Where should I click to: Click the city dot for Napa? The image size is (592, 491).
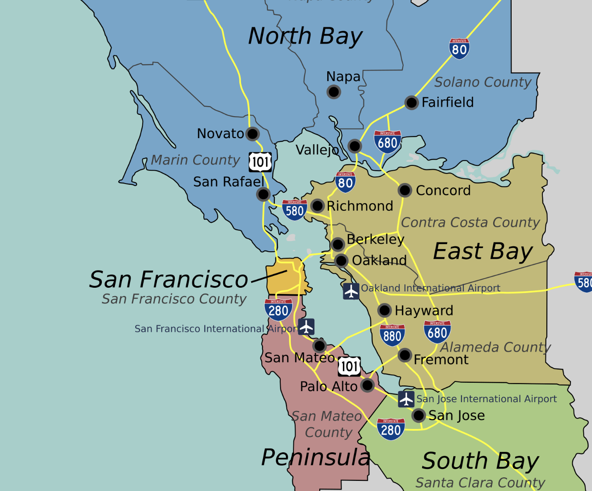tap(334, 92)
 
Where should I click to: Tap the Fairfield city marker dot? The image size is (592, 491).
tap(412, 103)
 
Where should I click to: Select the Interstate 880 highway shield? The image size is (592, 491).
tap(392, 335)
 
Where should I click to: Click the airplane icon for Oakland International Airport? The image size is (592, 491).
tap(351, 291)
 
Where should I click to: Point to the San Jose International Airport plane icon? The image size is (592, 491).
tap(406, 399)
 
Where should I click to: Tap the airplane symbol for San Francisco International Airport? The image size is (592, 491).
tap(306, 327)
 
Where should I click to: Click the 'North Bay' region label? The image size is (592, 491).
tap(305, 36)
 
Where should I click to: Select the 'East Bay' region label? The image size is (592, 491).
tap(483, 252)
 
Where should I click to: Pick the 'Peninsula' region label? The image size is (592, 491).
tap(316, 457)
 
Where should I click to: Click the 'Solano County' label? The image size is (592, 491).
tap(483, 82)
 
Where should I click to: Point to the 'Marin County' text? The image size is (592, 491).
tap(195, 160)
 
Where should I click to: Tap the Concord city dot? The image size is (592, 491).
tap(405, 190)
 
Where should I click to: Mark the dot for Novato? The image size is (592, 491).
tap(253, 134)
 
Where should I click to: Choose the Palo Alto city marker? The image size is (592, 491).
tap(367, 385)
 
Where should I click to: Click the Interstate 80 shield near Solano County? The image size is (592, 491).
tap(459, 48)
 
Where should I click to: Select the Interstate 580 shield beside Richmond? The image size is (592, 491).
tap(294, 210)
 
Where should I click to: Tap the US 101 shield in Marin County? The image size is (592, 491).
tap(260, 162)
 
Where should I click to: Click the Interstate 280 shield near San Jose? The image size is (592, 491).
tap(391, 429)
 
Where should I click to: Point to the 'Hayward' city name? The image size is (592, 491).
tap(424, 311)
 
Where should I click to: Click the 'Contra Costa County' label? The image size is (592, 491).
tap(470, 223)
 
